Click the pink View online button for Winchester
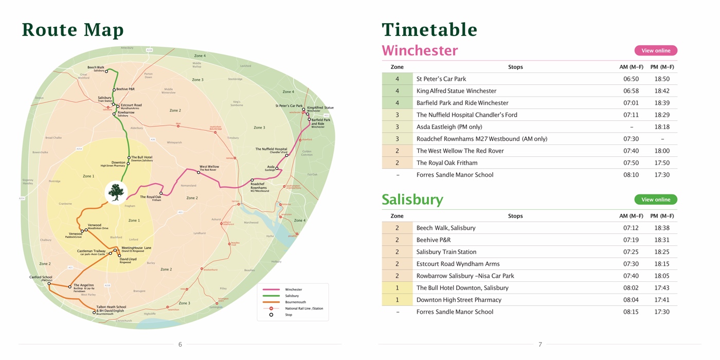click(x=656, y=50)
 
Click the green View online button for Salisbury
click(x=656, y=200)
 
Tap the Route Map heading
click(x=73, y=30)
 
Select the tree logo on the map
click(x=117, y=192)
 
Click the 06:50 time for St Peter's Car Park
click(x=631, y=79)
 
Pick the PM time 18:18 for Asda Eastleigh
click(x=662, y=127)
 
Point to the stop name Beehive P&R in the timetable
click(x=433, y=240)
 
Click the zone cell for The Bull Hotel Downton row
click(x=397, y=287)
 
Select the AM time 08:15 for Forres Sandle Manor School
click(x=631, y=312)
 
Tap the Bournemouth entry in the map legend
click(x=295, y=302)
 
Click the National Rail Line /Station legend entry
click(x=304, y=309)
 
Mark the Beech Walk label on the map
click(x=96, y=67)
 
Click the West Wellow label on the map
click(x=209, y=167)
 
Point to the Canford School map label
click(x=41, y=277)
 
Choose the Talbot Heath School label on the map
click(x=111, y=307)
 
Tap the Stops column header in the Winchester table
click(x=515, y=67)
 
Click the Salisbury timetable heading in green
click(x=412, y=200)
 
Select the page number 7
click(x=540, y=345)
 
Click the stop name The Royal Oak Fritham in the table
click(x=446, y=163)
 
